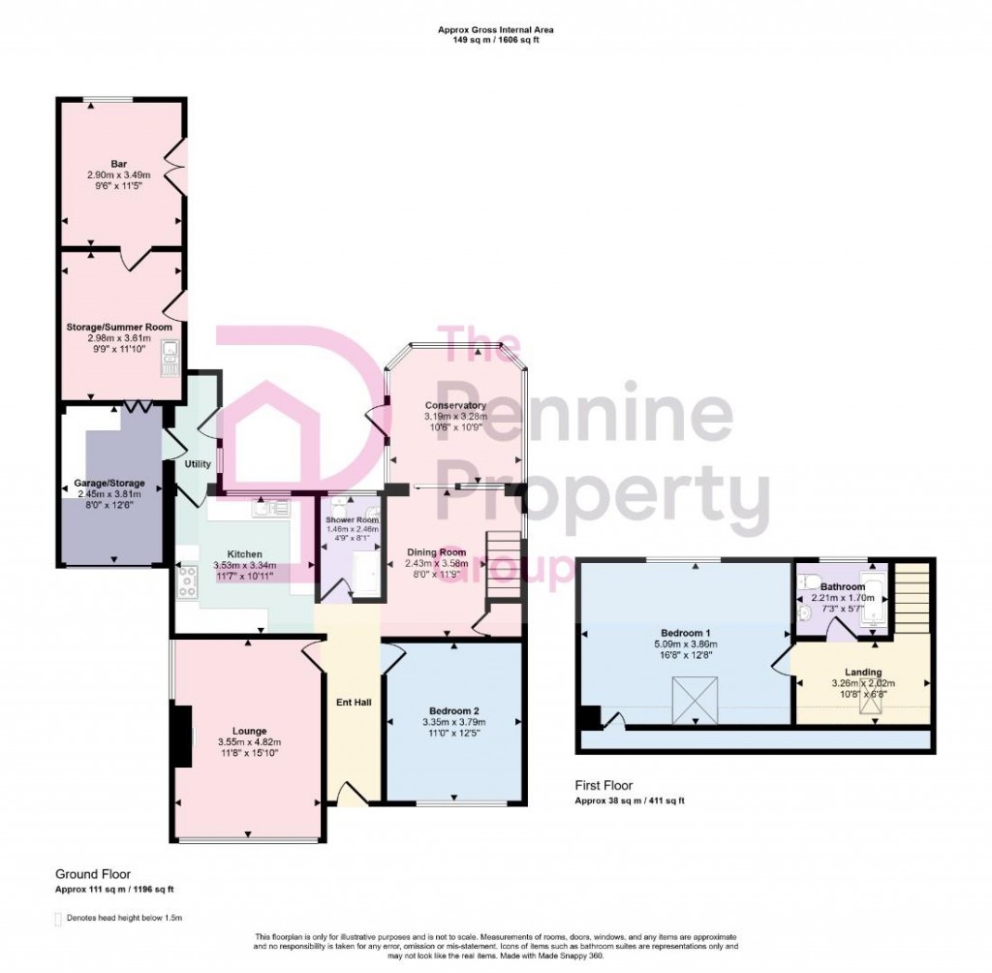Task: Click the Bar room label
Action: coord(120,163)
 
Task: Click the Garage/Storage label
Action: coord(109,483)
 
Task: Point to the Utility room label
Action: coord(198,464)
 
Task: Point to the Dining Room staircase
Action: coord(505,566)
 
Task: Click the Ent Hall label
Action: coord(349,702)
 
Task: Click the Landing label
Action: coord(862,672)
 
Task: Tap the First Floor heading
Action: coord(604,787)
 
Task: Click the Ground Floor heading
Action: coord(93,873)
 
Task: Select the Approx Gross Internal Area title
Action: coord(495,31)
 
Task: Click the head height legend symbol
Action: coord(58,918)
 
